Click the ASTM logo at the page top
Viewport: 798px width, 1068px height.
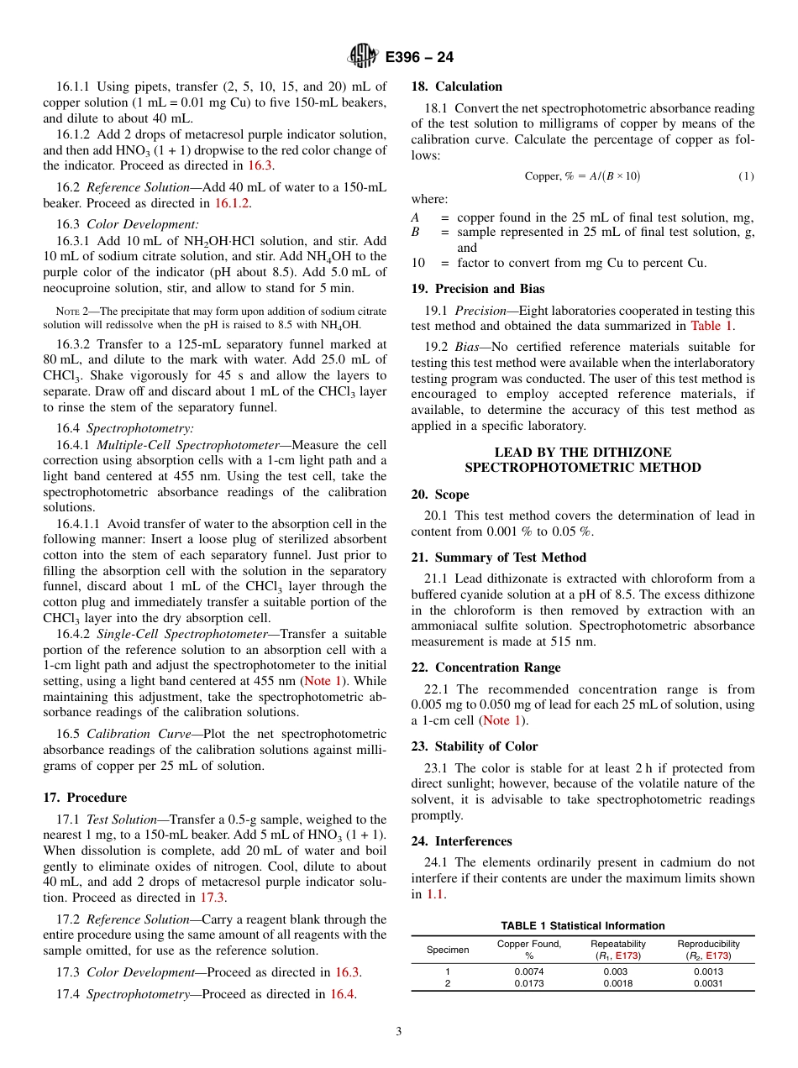pos(363,56)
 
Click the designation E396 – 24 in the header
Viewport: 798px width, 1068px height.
pos(419,57)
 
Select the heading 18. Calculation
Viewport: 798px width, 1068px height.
pos(456,86)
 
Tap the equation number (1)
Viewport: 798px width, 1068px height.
pos(746,175)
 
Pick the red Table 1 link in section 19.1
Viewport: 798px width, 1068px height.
pos(711,326)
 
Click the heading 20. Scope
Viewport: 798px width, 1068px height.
pos(440,495)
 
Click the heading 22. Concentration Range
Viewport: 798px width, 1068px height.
pos(486,667)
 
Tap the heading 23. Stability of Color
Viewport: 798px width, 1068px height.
pos(475,746)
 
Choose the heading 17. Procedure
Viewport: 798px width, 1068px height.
pos(85,798)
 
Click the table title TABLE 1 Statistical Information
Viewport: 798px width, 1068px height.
pos(582,926)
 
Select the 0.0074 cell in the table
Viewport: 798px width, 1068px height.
pos(529,971)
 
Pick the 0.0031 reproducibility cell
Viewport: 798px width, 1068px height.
pos(708,983)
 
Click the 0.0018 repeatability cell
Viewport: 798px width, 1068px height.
pos(618,983)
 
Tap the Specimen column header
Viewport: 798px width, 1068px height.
pos(448,950)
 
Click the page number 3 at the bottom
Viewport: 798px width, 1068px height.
pos(399,1032)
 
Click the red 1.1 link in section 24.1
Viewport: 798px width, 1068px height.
pos(434,895)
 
